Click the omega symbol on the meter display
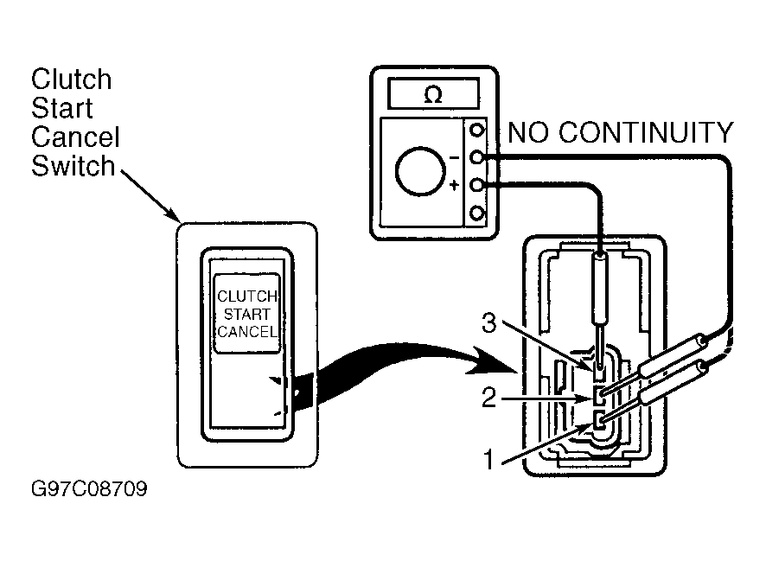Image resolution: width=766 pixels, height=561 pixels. click(x=433, y=94)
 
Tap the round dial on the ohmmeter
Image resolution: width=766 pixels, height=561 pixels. click(x=420, y=171)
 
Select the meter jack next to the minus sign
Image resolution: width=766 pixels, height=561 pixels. click(x=476, y=157)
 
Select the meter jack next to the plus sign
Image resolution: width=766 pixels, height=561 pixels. click(x=476, y=185)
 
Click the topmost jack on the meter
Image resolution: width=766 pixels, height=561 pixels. click(x=476, y=130)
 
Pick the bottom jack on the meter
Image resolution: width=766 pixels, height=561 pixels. click(x=476, y=214)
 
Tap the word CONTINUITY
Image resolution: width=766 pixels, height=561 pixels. click(x=646, y=132)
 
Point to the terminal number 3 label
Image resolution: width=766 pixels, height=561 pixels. click(x=489, y=322)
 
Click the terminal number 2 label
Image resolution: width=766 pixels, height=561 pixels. click(x=489, y=398)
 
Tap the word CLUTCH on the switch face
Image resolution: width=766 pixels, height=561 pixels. click(x=247, y=296)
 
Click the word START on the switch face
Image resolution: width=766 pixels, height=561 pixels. click(x=246, y=314)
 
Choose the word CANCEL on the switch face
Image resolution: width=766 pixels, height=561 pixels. click(x=247, y=332)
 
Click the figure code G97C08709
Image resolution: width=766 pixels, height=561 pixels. click(x=89, y=488)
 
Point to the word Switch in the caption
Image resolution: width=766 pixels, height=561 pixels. click(x=73, y=166)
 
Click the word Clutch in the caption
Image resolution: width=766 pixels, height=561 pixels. click(x=72, y=80)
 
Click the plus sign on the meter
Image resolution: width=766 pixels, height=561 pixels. click(x=454, y=185)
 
